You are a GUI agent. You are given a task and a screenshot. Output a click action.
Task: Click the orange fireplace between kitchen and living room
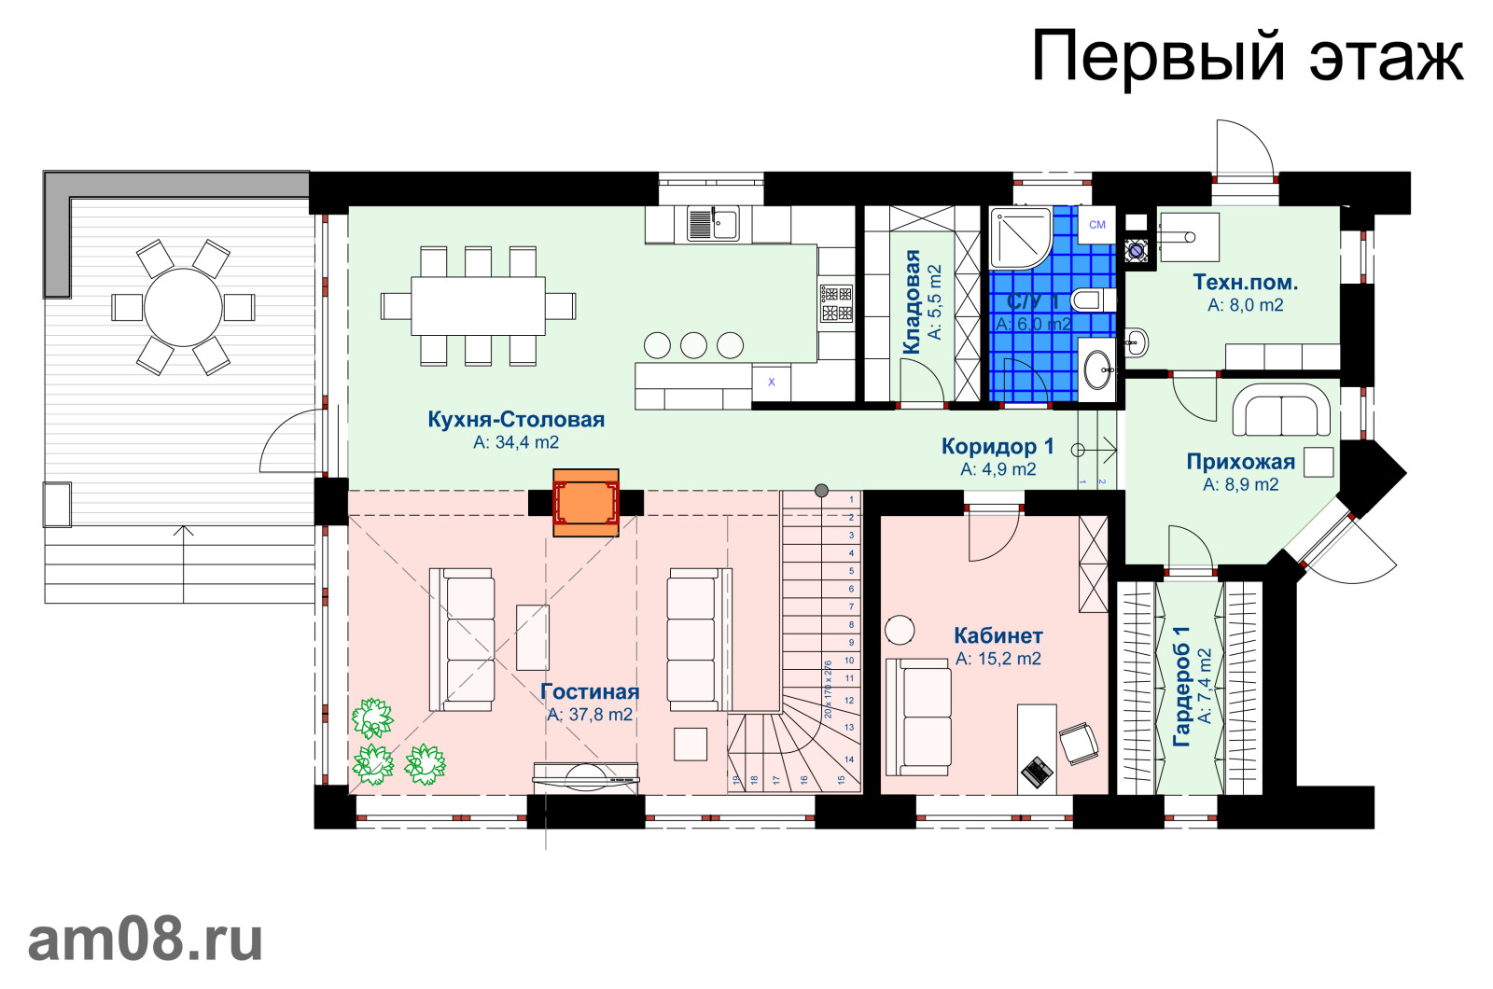click(x=586, y=503)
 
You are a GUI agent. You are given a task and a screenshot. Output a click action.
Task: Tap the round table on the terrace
click(x=183, y=307)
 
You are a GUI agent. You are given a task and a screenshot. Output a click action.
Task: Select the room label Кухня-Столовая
click(x=516, y=420)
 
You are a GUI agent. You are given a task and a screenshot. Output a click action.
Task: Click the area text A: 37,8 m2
click(x=590, y=715)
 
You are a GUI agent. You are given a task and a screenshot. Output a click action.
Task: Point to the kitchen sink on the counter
click(x=712, y=224)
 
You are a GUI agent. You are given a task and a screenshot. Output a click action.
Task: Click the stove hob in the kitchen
click(x=836, y=303)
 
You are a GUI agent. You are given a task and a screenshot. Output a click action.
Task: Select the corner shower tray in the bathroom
click(x=1019, y=237)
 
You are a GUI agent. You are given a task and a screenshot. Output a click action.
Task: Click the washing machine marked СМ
click(x=1097, y=225)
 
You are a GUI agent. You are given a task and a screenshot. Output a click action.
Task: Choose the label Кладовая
click(x=912, y=301)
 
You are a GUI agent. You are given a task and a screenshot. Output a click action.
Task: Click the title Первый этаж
click(x=1247, y=56)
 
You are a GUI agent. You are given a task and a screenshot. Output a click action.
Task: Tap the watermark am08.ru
click(x=146, y=940)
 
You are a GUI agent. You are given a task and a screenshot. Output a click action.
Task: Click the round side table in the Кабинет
click(x=900, y=630)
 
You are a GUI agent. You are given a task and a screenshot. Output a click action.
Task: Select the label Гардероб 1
click(x=1181, y=686)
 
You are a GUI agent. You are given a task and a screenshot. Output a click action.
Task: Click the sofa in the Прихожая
click(x=1281, y=412)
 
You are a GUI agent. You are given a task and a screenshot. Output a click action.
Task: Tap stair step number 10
click(x=849, y=661)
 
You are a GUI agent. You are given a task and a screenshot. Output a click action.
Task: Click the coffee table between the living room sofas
click(x=533, y=637)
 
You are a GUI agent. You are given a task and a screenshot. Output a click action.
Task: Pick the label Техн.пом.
click(x=1245, y=282)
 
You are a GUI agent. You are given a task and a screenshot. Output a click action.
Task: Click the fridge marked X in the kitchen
click(x=772, y=383)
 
